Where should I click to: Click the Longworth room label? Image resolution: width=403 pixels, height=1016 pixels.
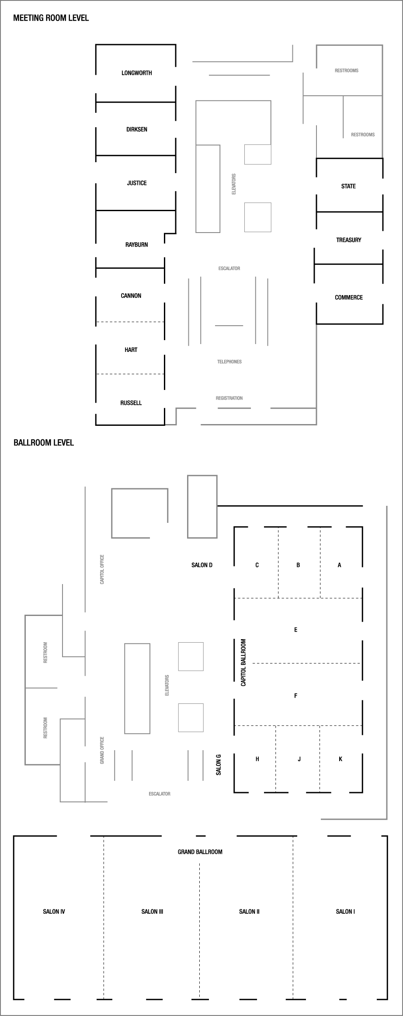tap(136, 73)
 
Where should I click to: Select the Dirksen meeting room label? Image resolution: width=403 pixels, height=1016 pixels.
tap(136, 129)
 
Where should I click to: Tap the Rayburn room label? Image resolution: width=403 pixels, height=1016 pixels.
tap(136, 245)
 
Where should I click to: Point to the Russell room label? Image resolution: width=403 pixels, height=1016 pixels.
tap(131, 403)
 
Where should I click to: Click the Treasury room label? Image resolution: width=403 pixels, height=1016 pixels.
tap(348, 240)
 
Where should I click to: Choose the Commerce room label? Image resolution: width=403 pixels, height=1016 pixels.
tap(348, 297)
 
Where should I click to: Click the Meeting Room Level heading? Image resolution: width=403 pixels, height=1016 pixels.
tap(51, 18)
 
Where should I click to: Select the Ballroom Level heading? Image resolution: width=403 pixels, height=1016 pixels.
tap(44, 442)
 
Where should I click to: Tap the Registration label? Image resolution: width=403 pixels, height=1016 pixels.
tap(229, 398)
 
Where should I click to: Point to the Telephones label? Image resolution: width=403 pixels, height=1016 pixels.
tap(229, 362)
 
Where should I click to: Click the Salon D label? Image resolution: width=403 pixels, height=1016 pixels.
tap(201, 565)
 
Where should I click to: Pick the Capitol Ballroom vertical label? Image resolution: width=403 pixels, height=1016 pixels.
tap(243, 662)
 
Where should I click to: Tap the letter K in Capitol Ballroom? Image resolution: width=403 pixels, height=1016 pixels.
tap(340, 759)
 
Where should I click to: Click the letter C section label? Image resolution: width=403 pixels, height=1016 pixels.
tap(257, 565)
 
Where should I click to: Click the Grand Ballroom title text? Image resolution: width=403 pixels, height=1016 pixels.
tap(200, 852)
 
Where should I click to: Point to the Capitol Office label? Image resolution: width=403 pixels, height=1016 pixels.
tap(102, 570)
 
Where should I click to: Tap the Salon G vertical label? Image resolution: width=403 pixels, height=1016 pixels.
tap(219, 765)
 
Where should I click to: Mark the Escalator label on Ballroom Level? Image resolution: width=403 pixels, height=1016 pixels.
tap(159, 793)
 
